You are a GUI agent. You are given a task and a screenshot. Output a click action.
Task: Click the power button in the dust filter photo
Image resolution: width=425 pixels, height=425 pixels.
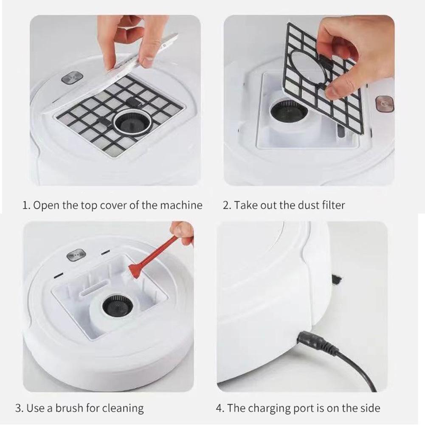[384, 104]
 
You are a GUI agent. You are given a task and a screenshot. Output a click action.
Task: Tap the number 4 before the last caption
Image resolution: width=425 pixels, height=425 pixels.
[219, 408]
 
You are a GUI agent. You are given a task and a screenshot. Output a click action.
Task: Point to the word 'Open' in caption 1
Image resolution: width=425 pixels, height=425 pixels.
[46, 205]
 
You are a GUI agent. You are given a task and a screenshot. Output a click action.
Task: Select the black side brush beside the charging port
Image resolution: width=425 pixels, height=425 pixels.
[338, 279]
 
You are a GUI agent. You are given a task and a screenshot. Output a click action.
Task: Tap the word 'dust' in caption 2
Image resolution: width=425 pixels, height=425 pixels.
[305, 205]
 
